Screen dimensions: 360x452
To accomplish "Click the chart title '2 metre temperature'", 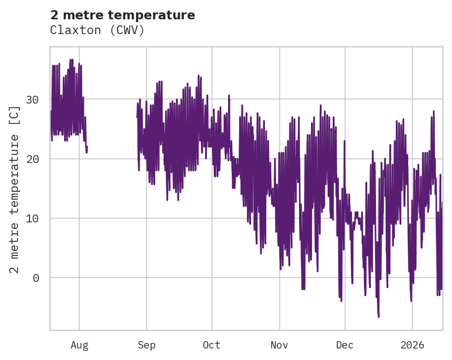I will [123, 15].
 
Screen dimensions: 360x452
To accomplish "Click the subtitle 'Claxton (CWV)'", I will [97, 30].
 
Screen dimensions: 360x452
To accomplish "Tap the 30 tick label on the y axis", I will [32, 99].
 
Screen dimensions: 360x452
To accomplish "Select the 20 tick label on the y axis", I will [32, 159].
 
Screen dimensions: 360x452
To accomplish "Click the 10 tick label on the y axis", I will [32, 218].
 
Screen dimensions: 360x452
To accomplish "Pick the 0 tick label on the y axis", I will [36, 278].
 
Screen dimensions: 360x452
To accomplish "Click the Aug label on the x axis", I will [79, 345].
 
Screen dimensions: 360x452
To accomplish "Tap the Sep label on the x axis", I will [147, 345].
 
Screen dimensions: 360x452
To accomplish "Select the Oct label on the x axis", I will [212, 345].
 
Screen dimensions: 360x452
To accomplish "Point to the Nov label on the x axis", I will [279, 345].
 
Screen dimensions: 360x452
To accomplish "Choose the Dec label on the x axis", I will [345, 345].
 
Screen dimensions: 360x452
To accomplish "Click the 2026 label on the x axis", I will [412, 345].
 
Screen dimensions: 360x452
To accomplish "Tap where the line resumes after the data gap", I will [137, 117].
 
